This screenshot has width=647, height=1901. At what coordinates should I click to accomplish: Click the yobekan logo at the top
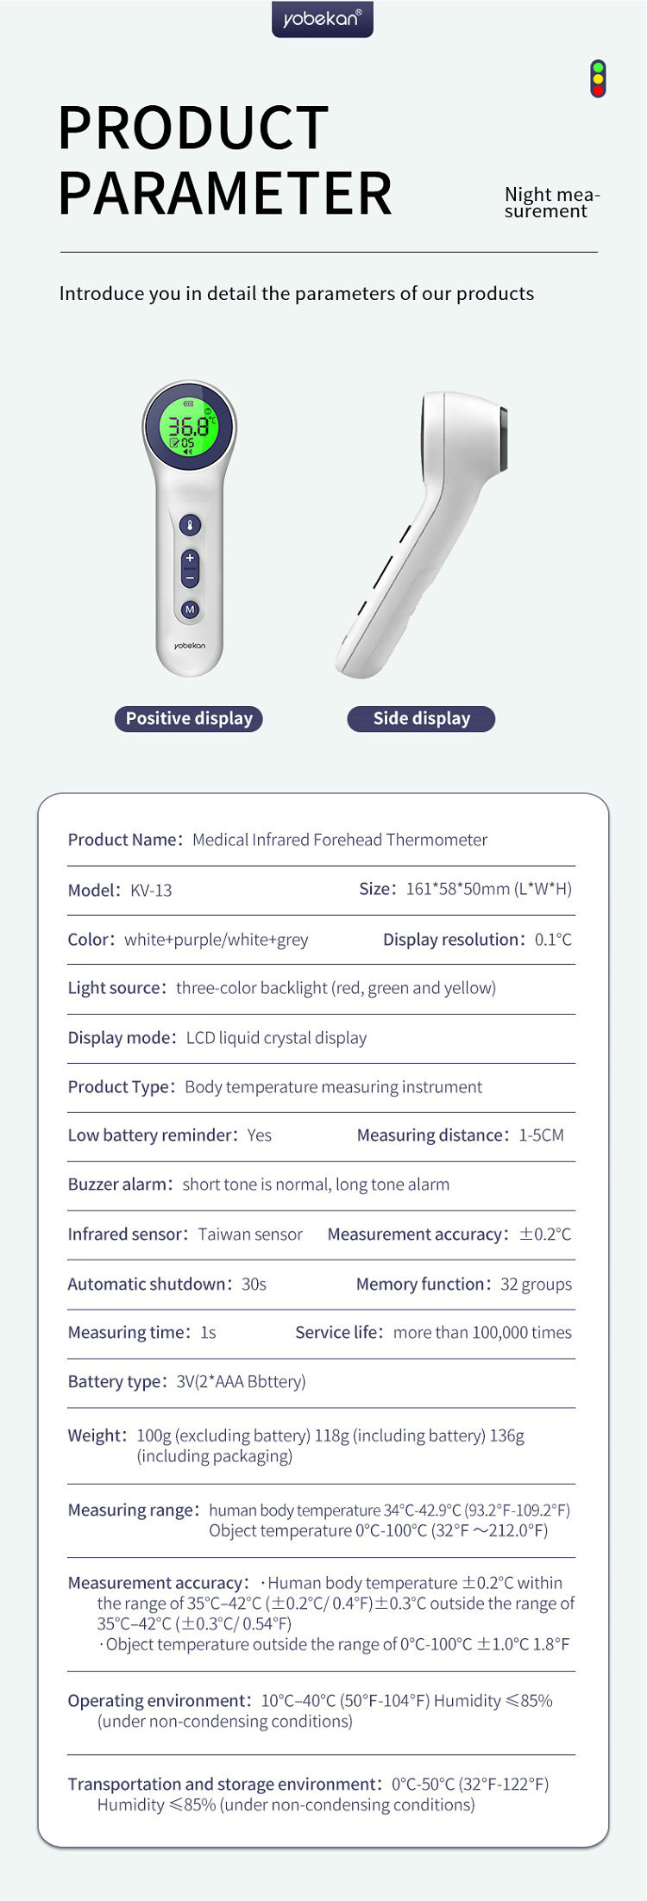(x=322, y=18)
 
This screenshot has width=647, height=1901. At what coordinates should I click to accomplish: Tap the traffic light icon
(x=598, y=78)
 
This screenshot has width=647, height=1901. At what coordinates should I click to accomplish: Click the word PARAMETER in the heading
(x=225, y=193)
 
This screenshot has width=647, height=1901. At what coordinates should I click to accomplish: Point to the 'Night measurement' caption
(x=551, y=203)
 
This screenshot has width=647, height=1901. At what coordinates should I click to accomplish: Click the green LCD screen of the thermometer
(x=190, y=426)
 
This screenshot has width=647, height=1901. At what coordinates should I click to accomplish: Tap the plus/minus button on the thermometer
(x=190, y=568)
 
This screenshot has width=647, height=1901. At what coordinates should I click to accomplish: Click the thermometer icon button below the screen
(x=190, y=524)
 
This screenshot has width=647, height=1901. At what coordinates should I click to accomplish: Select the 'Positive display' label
(x=189, y=718)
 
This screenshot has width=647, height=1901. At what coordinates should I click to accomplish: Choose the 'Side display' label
(x=421, y=718)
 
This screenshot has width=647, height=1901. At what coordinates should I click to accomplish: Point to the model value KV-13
(x=151, y=890)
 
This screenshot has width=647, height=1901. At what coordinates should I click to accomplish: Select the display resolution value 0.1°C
(x=553, y=939)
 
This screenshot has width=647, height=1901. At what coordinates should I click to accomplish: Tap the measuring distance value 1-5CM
(x=541, y=1135)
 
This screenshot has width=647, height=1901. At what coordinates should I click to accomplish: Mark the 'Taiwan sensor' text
(x=250, y=1234)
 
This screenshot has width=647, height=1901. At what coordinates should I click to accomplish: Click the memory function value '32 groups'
(x=536, y=1284)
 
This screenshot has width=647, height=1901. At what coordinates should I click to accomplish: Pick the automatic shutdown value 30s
(x=254, y=1284)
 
